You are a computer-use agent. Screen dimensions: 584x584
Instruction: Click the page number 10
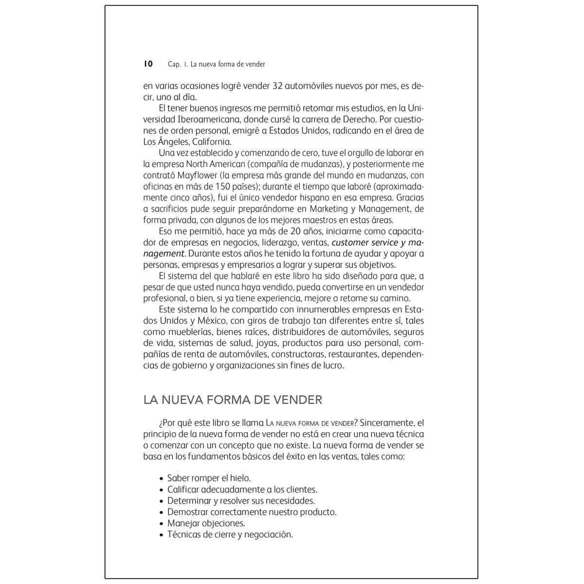(x=148, y=64)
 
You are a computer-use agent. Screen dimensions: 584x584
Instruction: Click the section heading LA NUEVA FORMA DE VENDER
(x=233, y=400)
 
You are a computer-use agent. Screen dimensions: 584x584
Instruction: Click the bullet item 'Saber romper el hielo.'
(x=209, y=478)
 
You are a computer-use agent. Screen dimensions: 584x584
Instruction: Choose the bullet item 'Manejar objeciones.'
(x=206, y=523)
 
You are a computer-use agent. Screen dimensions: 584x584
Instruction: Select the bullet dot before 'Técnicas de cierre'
(x=162, y=535)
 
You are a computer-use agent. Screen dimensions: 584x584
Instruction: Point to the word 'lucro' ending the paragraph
(x=331, y=365)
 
